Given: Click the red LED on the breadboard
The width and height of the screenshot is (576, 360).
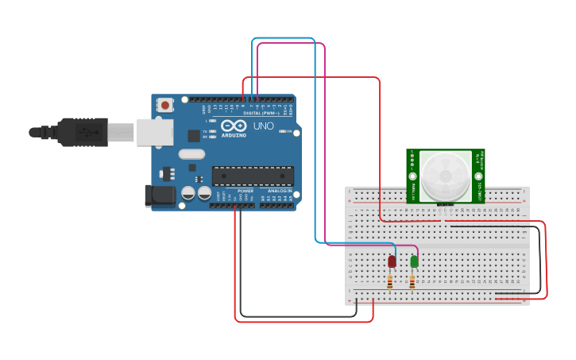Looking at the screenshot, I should click(x=392, y=261).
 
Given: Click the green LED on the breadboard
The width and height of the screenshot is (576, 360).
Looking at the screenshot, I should click(x=414, y=261).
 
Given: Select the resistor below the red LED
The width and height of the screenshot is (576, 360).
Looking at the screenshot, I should click(x=389, y=282).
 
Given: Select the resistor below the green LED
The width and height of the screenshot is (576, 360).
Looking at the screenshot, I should click(x=412, y=282).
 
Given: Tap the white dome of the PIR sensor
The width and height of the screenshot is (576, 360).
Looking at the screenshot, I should click(x=445, y=176).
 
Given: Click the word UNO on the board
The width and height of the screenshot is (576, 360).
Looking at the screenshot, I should click(x=263, y=126).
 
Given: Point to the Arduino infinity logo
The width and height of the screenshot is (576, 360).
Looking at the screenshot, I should click(x=234, y=126).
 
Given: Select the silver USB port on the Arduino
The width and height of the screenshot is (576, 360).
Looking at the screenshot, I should click(x=154, y=132).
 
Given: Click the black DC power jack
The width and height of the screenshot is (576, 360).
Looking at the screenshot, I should click(x=160, y=195).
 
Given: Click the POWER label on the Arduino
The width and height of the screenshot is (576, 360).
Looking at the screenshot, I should click(x=245, y=191).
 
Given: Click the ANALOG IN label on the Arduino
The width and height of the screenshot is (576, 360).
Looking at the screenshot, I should click(x=278, y=191).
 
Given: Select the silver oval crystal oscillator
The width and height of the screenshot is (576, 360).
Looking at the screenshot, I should click(x=191, y=154).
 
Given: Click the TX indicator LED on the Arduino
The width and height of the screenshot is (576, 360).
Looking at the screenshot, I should click(x=211, y=131).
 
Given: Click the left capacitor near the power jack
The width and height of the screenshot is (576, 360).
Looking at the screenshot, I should click(x=188, y=193).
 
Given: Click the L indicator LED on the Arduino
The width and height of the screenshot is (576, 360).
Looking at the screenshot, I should click(x=211, y=121).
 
